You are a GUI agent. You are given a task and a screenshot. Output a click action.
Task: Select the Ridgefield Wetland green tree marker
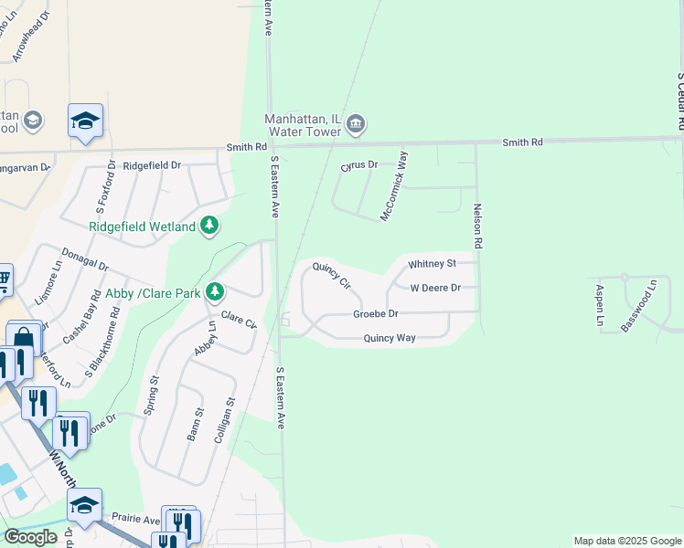pos(209,226)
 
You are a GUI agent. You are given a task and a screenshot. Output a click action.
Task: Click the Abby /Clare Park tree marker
pos(214,292)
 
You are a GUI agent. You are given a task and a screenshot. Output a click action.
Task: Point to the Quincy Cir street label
pos(331,275)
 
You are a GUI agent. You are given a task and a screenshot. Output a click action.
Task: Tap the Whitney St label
pos(432,264)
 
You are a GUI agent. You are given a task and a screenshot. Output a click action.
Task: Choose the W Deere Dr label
pos(435,288)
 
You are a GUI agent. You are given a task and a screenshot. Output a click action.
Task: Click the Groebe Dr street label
pos(376,314)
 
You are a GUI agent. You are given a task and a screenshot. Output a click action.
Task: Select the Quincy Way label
pos(390,338)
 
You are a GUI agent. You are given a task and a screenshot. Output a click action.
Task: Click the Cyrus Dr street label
pos(359,165)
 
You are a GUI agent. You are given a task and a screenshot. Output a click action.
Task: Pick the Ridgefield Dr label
pos(152,165)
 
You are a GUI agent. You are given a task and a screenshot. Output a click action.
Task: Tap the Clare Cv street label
pos(239,321)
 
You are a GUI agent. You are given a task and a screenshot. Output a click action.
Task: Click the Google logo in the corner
pos(30,537)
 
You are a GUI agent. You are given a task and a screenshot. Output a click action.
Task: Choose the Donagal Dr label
pos(84,259)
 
